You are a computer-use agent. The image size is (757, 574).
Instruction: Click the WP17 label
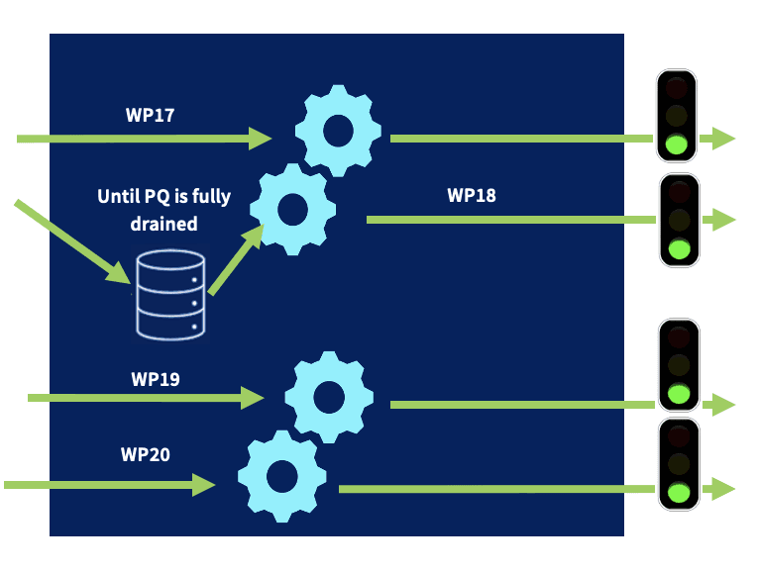tap(150, 115)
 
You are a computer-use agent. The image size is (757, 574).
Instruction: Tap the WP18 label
tap(471, 195)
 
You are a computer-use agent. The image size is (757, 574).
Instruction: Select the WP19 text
tap(155, 378)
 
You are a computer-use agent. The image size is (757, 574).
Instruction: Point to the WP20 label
tap(146, 454)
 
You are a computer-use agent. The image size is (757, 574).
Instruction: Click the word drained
tap(163, 224)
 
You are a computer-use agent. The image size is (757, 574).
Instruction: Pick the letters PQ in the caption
tap(154, 196)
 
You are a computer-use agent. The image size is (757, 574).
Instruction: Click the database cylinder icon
tap(169, 295)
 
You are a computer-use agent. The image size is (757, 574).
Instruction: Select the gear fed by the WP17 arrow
tap(339, 131)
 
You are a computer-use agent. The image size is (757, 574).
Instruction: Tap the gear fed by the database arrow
tap(292, 209)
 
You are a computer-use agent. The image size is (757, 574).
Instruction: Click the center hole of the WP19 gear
tap(329, 397)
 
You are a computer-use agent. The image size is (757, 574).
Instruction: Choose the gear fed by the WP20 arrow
tap(282, 476)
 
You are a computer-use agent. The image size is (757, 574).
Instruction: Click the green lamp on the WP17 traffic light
tap(678, 144)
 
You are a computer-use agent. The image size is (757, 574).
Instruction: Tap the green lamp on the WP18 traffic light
tap(680, 248)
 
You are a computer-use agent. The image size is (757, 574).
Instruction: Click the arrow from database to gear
tap(236, 260)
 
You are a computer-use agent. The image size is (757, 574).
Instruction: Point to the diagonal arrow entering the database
tap(74, 243)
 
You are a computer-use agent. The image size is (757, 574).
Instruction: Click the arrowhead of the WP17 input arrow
tap(261, 139)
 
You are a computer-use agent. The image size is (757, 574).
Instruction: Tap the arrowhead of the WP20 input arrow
tap(204, 484)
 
